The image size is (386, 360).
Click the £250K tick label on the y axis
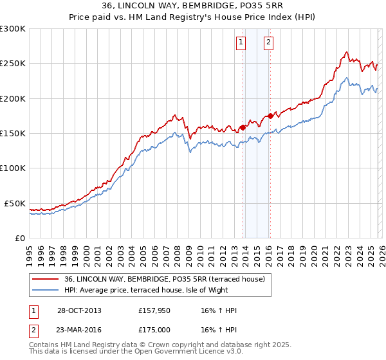13,64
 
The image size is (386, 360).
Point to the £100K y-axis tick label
13,168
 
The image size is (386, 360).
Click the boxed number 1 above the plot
241,43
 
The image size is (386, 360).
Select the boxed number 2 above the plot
268,43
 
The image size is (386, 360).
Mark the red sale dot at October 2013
243,127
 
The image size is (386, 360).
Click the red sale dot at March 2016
270,116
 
